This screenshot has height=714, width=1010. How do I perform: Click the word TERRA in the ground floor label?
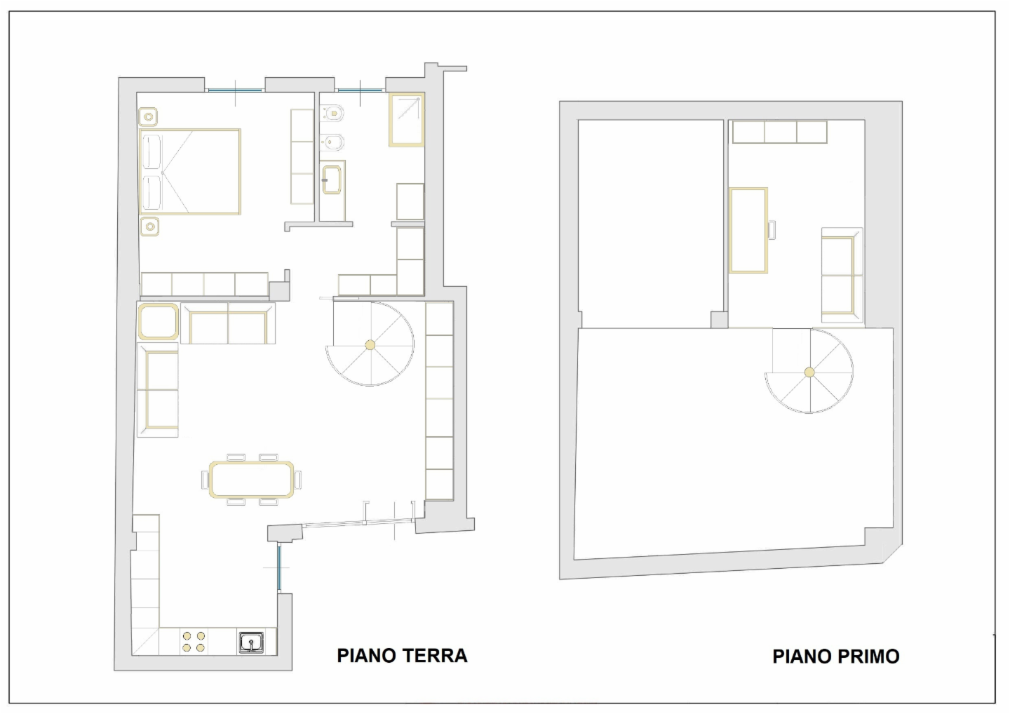tap(434, 656)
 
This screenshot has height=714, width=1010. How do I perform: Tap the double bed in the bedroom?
tap(190, 171)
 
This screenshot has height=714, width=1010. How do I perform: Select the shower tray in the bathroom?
tap(407, 120)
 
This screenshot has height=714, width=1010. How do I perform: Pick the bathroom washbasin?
tap(332, 180)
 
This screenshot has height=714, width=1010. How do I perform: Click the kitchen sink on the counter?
tap(251, 642)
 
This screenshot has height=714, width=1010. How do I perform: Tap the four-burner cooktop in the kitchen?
tap(194, 642)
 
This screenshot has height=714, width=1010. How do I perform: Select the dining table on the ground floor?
tap(252, 480)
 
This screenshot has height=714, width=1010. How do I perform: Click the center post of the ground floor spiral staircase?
tap(370, 345)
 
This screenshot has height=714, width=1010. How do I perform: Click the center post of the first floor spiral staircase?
tap(809, 372)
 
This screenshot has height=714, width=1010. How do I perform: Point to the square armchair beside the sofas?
tap(158, 321)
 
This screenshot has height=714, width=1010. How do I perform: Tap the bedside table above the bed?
tap(149, 117)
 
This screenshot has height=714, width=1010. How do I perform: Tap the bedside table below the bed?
tap(149, 227)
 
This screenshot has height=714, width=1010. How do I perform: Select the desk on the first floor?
tap(748, 230)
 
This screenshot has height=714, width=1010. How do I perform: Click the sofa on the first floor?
tap(842, 275)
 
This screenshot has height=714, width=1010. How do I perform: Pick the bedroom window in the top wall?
tap(235, 90)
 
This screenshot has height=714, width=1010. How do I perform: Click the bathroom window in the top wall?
tap(360, 90)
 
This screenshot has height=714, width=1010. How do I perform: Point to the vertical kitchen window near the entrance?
tap(279, 567)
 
